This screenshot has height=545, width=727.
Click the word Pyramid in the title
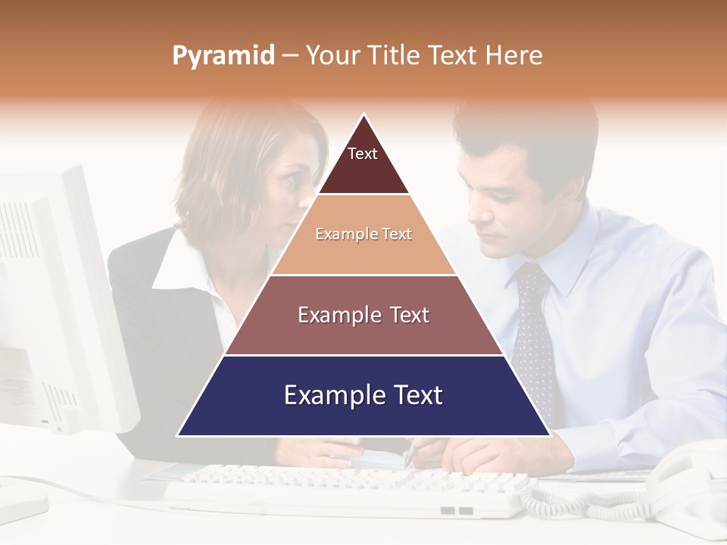pyautogui.click(x=223, y=56)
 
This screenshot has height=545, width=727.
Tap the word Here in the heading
pyautogui.click(x=513, y=56)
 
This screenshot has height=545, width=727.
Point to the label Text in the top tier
pyautogui.click(x=363, y=154)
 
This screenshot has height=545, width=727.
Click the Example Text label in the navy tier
pyautogui.click(x=363, y=395)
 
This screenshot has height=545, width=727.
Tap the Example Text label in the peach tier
pyautogui.click(x=363, y=234)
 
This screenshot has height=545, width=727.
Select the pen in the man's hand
pyautogui.click(x=410, y=453)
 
